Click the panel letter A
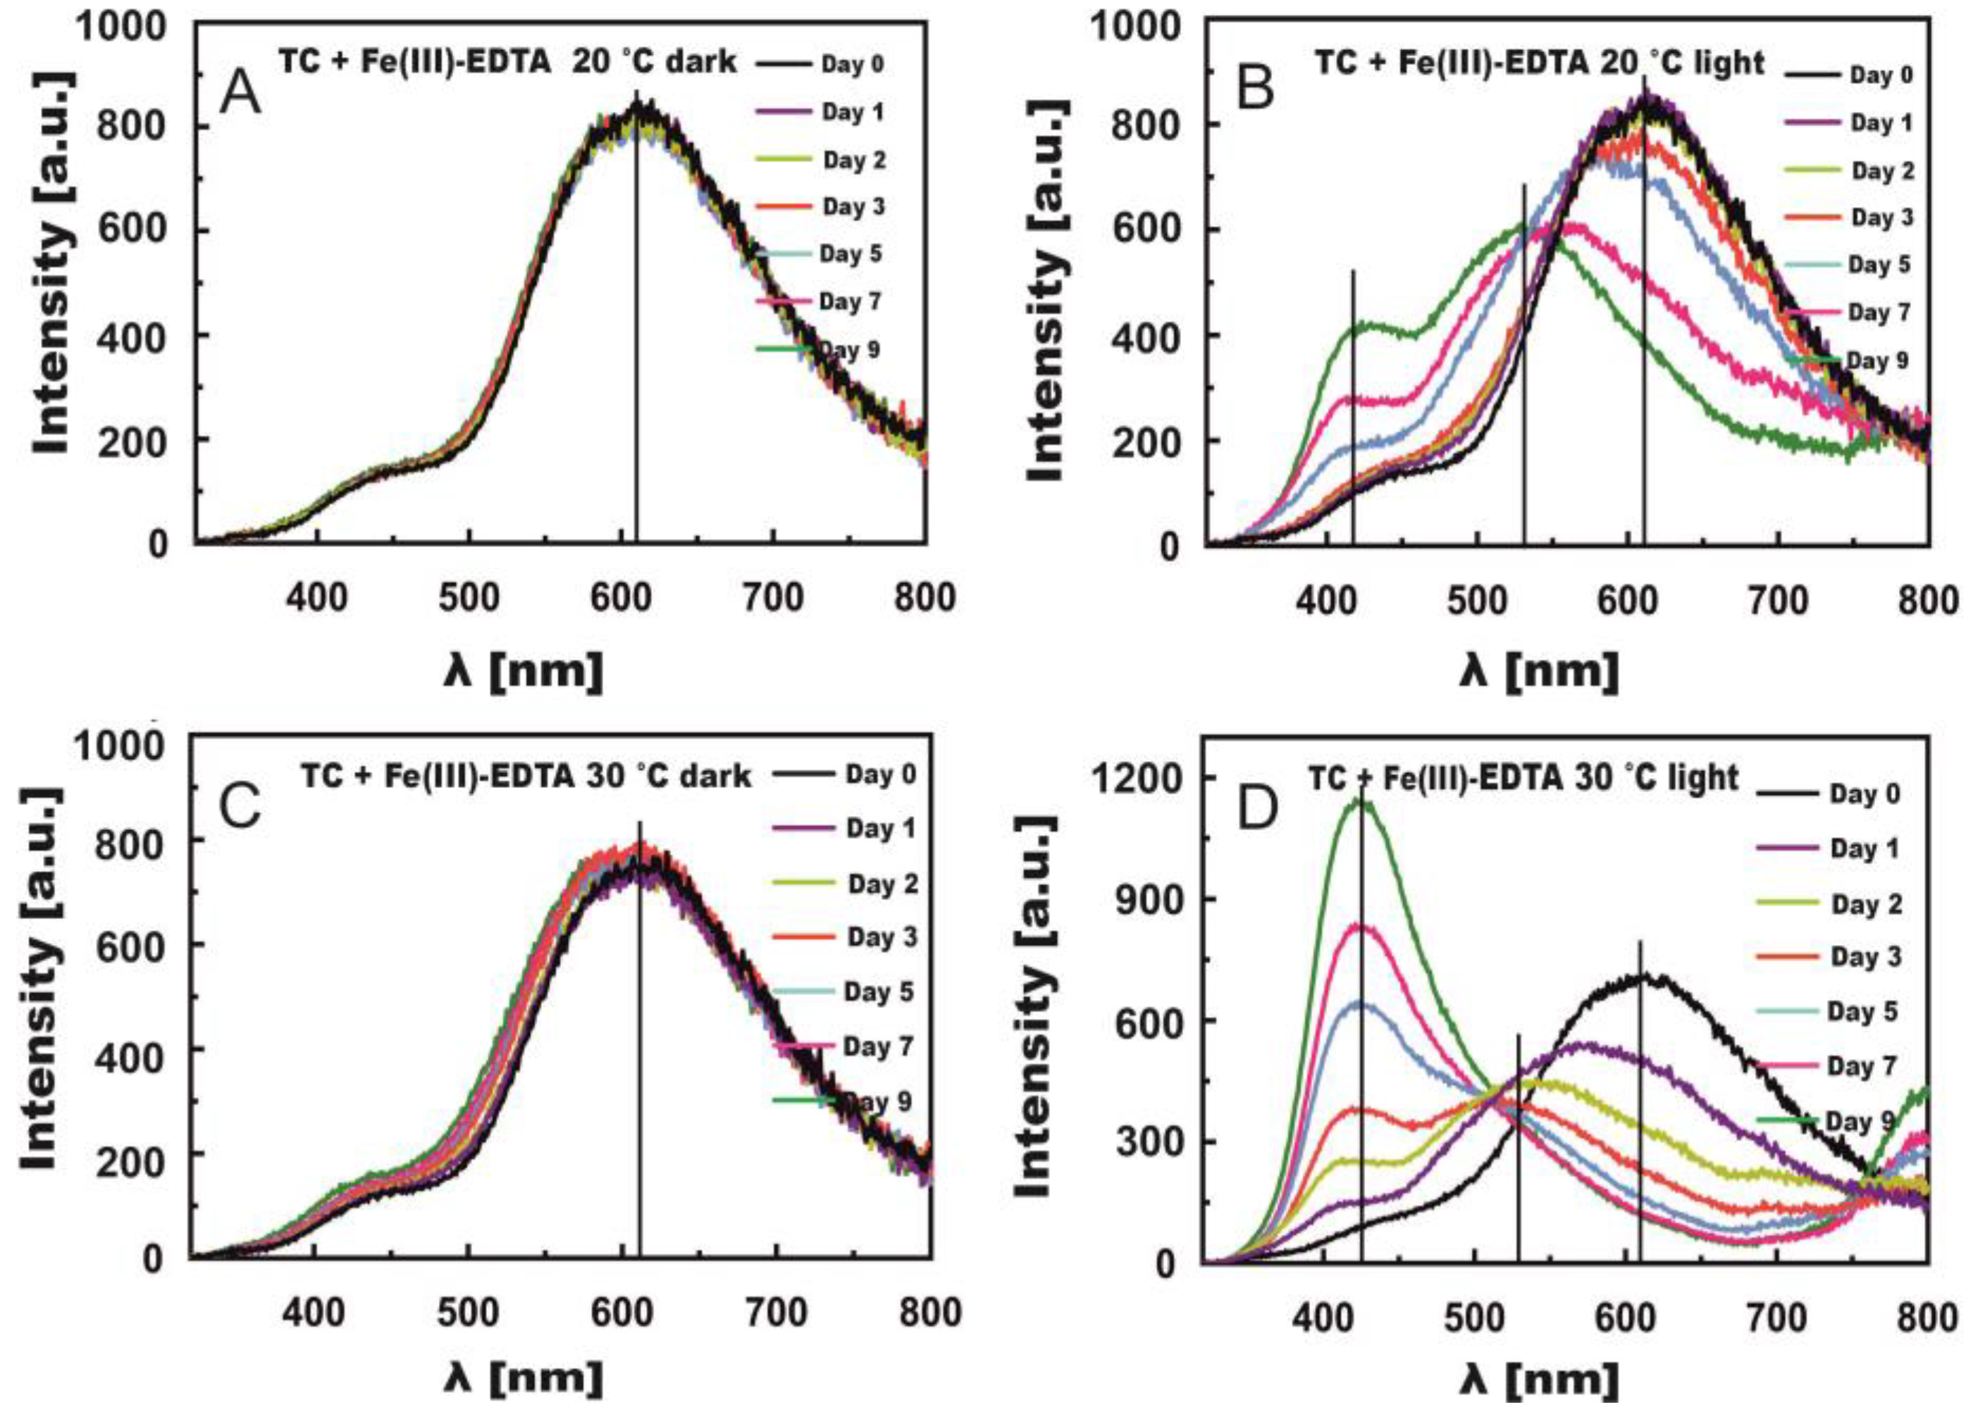pos(240,94)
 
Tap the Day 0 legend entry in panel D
pos(1865,793)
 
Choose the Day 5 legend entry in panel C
pos(879,991)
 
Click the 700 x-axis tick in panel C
pos(777,1313)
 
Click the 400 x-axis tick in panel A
pos(317,598)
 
